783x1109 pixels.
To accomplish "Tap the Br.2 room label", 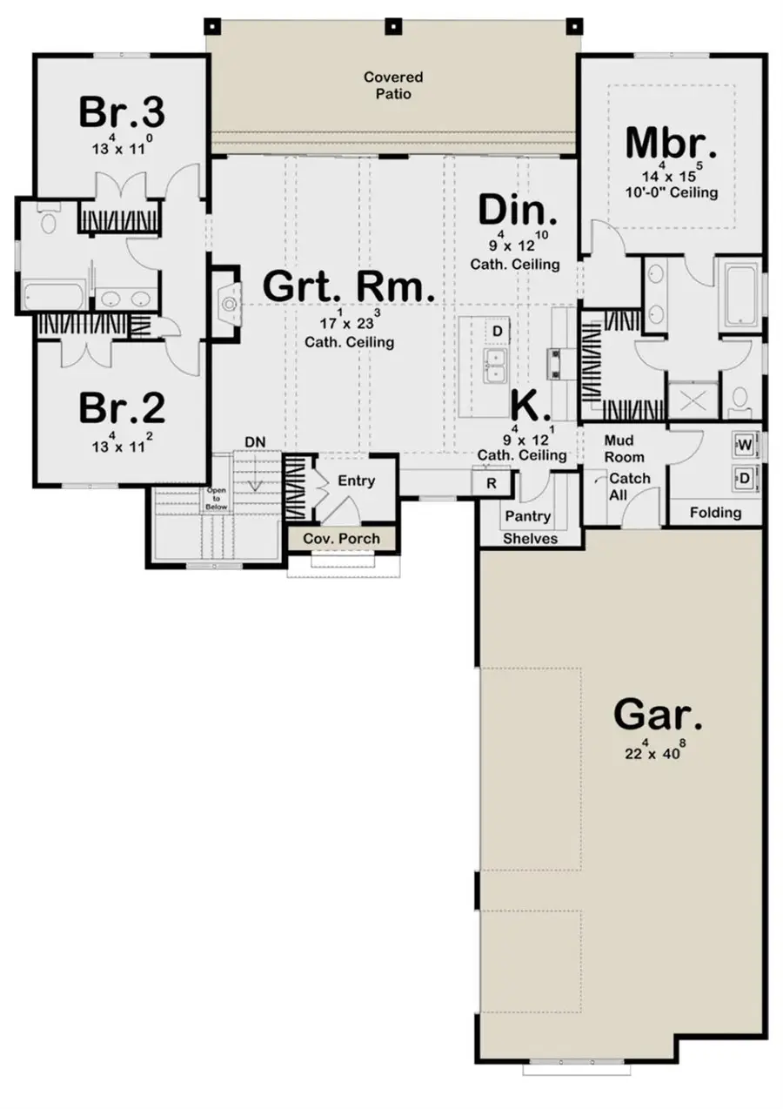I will [x=122, y=407].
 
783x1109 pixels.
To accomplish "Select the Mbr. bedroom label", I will [x=671, y=142].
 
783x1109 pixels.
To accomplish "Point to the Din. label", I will [x=518, y=211].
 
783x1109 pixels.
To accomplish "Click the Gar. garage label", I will [x=658, y=715].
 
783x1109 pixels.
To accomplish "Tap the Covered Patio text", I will [x=388, y=85].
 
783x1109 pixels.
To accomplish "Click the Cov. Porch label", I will [x=341, y=539].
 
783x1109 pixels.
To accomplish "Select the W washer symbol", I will [x=745, y=444].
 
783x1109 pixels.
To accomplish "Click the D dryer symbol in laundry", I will [x=745, y=476].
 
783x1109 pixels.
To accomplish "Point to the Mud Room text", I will [x=624, y=449].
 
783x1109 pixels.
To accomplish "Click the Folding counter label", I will [x=715, y=513].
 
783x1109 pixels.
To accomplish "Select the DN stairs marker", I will [x=254, y=442].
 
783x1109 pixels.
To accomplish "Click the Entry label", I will [x=356, y=481].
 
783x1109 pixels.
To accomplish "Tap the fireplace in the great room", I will [x=229, y=304].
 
